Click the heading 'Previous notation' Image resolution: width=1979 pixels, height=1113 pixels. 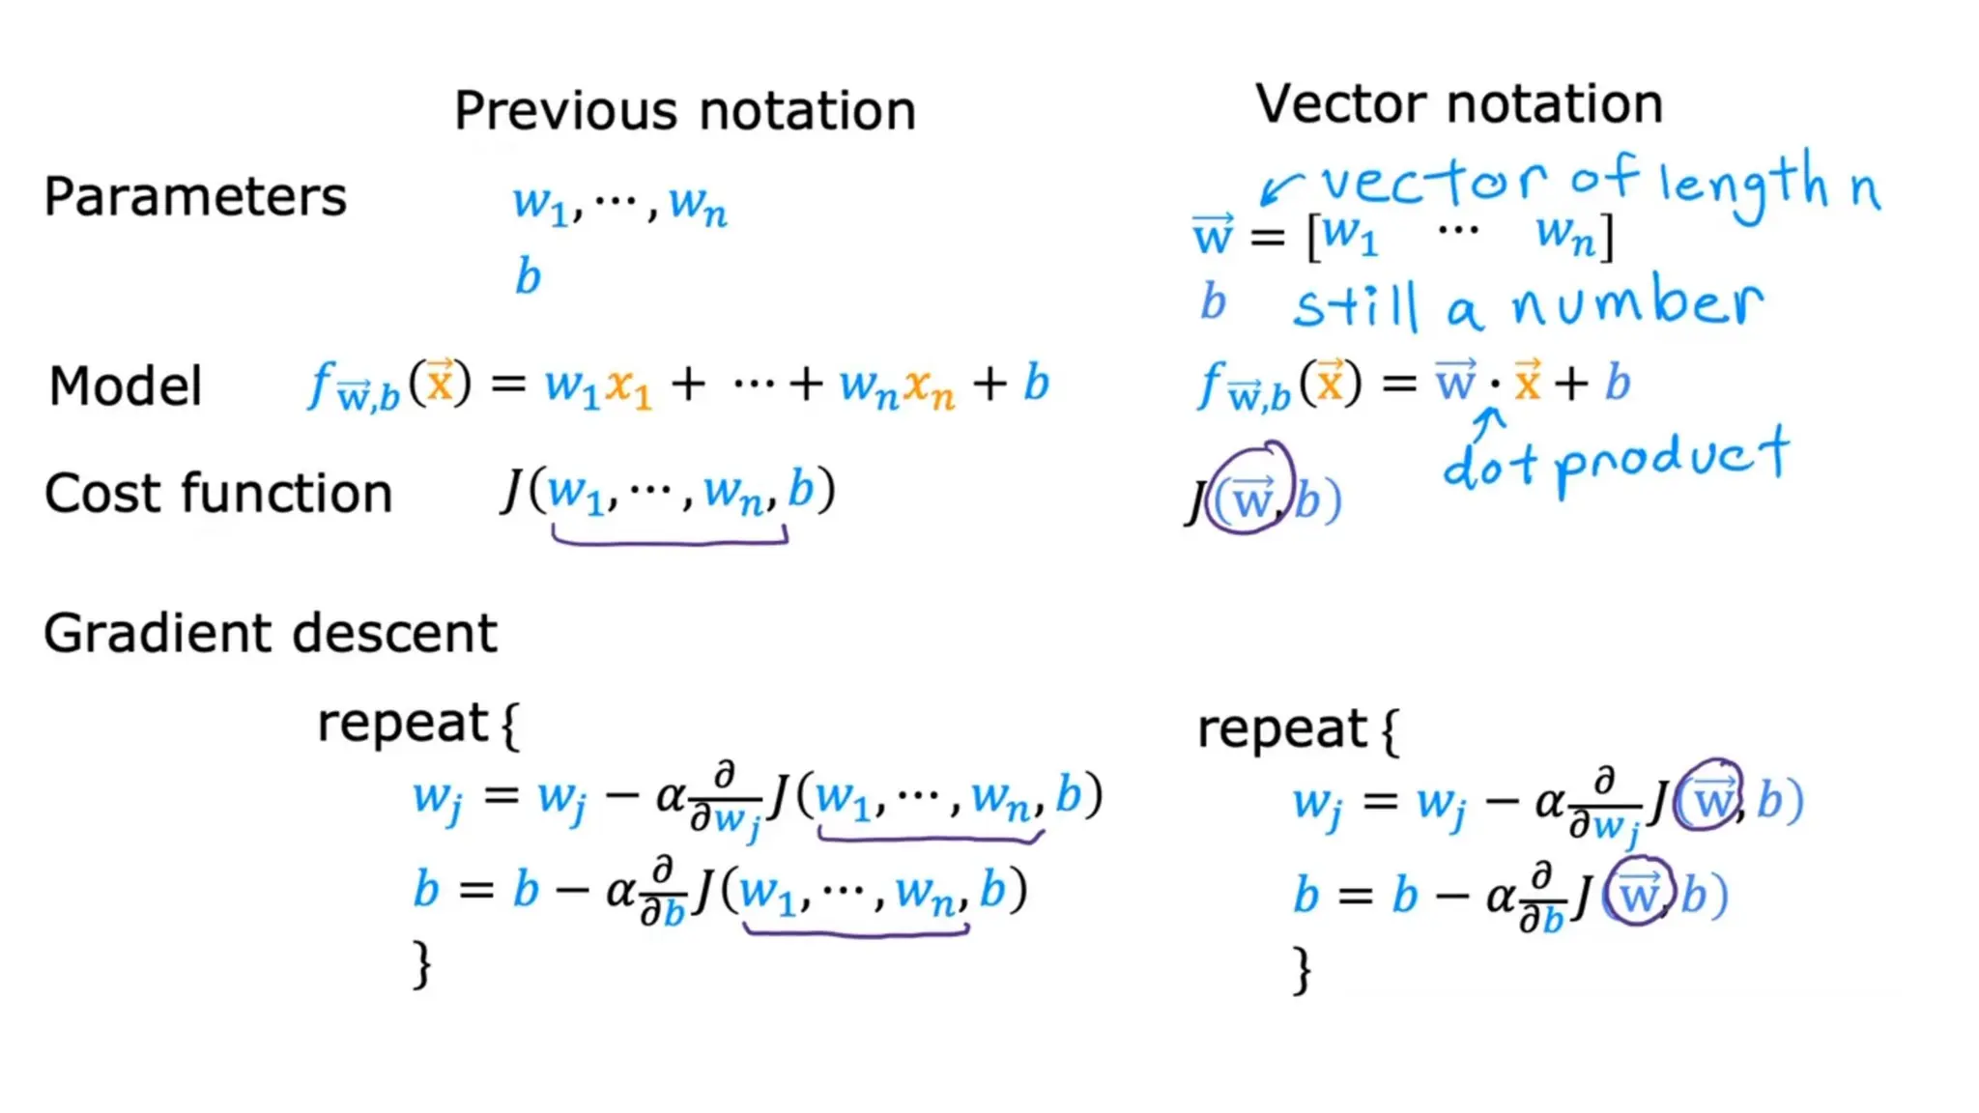(x=684, y=110)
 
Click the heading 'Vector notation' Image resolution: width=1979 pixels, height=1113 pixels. (x=1459, y=103)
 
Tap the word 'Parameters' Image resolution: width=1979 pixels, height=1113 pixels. (x=195, y=197)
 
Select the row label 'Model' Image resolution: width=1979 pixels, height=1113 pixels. (x=126, y=386)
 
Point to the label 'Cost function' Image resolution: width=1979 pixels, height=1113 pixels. (x=218, y=494)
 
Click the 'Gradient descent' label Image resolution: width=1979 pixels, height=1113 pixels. (x=271, y=634)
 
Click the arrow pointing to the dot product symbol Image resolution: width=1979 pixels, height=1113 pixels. (x=1491, y=420)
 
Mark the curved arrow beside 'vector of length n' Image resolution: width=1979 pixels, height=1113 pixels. (x=1280, y=186)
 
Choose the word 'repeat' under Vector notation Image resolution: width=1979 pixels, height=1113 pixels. (x=1281, y=728)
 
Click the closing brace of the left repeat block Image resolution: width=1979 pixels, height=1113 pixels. (x=422, y=964)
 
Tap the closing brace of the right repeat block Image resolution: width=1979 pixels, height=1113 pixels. (x=1303, y=970)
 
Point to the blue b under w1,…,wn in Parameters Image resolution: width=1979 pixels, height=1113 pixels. (x=528, y=276)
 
